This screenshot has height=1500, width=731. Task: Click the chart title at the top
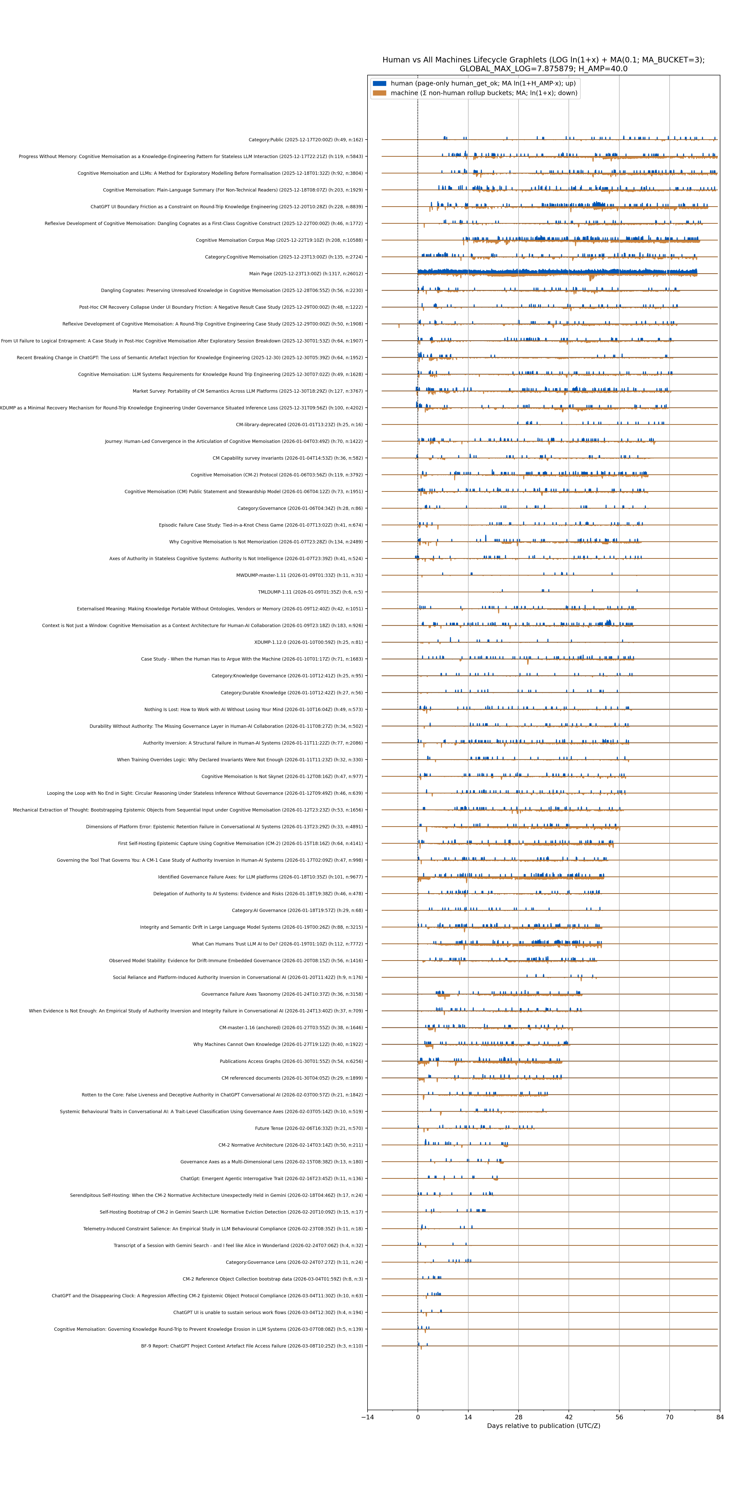pos(543,64)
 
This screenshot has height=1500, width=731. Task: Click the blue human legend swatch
pos(379,83)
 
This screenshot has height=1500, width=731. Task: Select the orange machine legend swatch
pos(379,93)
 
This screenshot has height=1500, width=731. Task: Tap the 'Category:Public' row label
pos(305,140)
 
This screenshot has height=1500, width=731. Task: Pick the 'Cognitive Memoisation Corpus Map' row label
pos(279,240)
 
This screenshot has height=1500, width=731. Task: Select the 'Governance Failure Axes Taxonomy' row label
pos(282,994)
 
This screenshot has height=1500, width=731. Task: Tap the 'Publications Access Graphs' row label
pos(291,1061)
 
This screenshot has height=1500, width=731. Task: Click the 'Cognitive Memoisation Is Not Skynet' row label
pos(282,776)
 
